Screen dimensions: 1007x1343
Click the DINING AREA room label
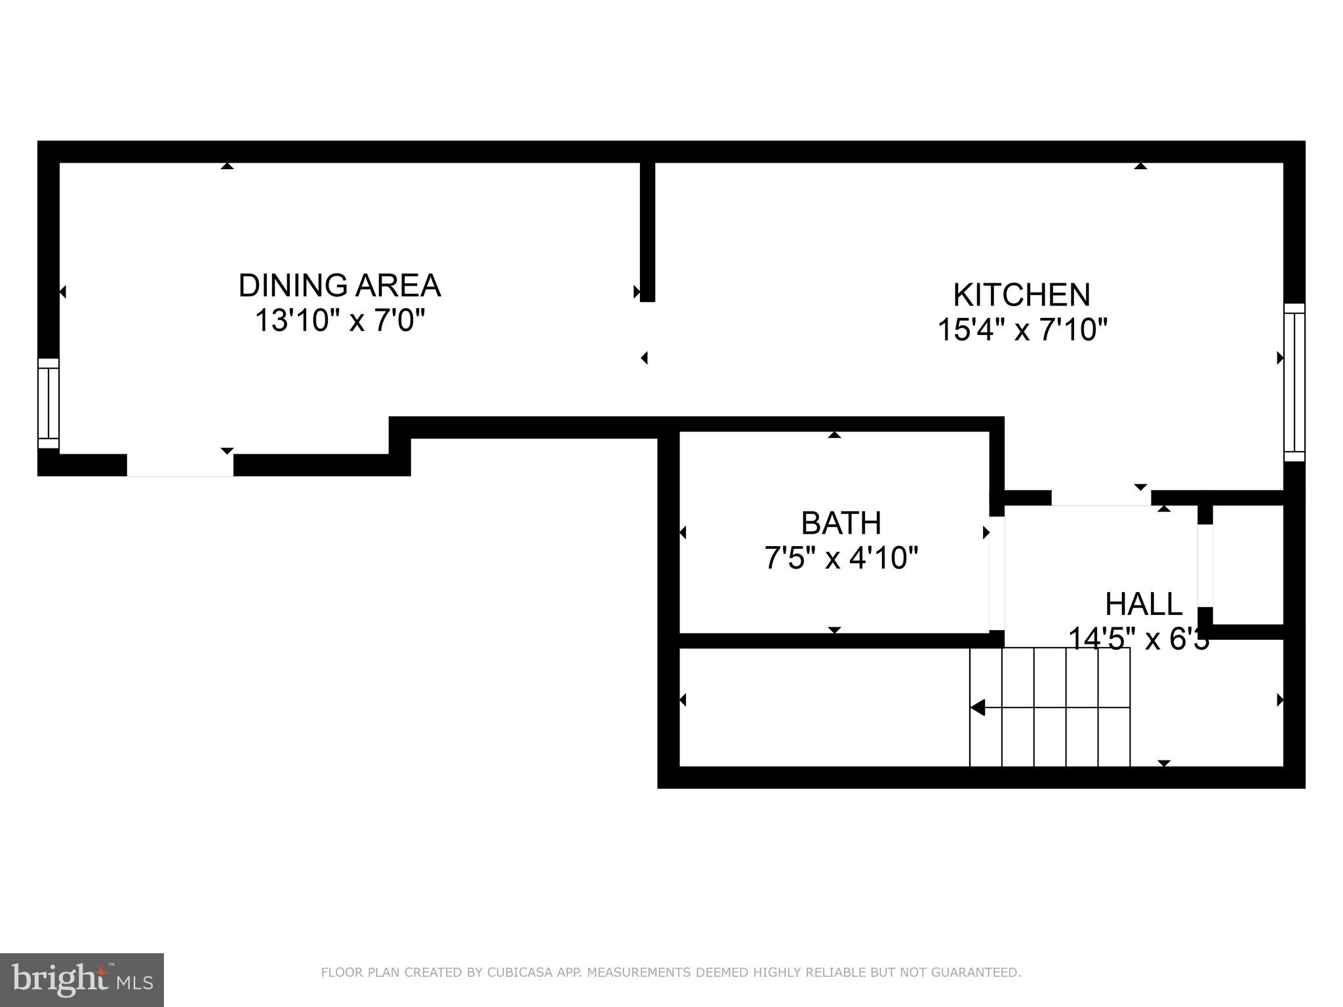click(339, 286)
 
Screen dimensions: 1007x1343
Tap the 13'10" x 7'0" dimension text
click(339, 321)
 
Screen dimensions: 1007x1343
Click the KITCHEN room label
click(1021, 295)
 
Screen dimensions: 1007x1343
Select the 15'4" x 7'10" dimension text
click(1022, 330)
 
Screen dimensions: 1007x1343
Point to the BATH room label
click(841, 523)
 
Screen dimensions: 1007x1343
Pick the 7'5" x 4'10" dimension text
click(841, 559)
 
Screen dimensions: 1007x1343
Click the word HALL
click(1143, 604)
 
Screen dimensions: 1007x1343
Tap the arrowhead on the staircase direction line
click(978, 708)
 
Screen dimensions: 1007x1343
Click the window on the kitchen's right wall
click(1294, 382)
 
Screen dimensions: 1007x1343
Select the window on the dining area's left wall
click(49, 403)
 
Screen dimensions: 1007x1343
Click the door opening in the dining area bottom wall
click(180, 465)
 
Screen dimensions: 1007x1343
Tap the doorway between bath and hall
click(996, 574)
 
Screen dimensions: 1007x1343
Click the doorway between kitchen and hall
click(1101, 498)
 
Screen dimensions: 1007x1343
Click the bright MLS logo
click(82, 980)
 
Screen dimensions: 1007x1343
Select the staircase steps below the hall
click(1050, 707)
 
